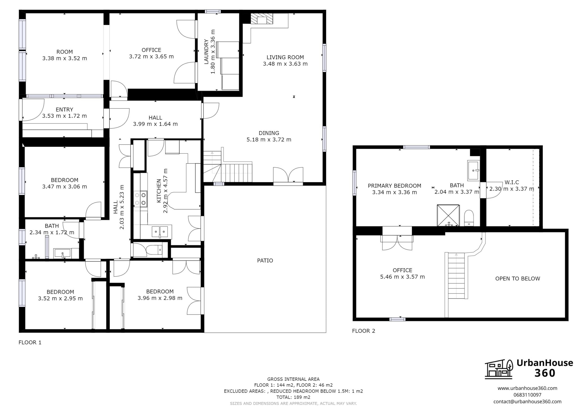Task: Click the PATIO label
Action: (265, 260)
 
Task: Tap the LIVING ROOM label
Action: (285, 57)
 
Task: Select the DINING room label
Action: (269, 133)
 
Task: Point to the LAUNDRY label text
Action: (206, 52)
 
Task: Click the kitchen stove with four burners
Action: (140, 199)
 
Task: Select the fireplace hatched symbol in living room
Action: (262, 19)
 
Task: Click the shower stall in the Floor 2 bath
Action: (448, 215)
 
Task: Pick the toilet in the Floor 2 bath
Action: (469, 218)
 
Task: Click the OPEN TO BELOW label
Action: (517, 279)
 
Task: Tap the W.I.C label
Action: (512, 182)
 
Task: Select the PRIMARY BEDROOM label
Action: (394, 186)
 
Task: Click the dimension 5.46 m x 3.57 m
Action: (402, 277)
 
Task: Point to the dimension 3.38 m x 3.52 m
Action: (65, 58)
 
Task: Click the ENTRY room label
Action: (64, 109)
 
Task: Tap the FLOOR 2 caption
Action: (363, 331)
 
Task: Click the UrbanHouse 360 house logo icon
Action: (499, 369)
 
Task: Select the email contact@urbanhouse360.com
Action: (527, 401)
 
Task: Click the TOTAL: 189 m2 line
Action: (293, 397)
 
